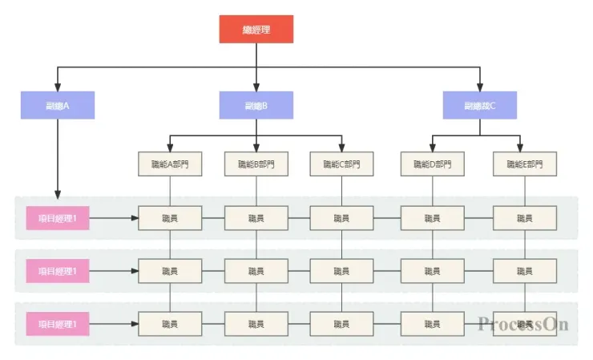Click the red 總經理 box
pos(256,30)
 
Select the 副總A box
pos(58,105)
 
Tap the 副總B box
pos(256,105)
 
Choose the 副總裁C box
pos(480,105)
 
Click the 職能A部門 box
pos(170,164)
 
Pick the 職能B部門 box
pos(256,164)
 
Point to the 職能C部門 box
pos(341,164)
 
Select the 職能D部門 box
pos(433,164)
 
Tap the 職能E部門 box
pos(524,164)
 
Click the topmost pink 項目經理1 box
pos(58,218)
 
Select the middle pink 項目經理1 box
pos(58,271)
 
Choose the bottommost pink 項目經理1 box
pos(58,324)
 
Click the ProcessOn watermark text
pos(523,324)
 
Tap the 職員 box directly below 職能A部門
pos(170,218)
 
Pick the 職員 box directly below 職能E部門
pos(524,218)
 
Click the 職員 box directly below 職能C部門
pos(341,218)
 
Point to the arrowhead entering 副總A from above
pos(58,87)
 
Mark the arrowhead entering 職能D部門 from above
pos(433,148)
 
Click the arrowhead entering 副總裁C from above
pos(480,87)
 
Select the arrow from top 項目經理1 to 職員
pos(113,218)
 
